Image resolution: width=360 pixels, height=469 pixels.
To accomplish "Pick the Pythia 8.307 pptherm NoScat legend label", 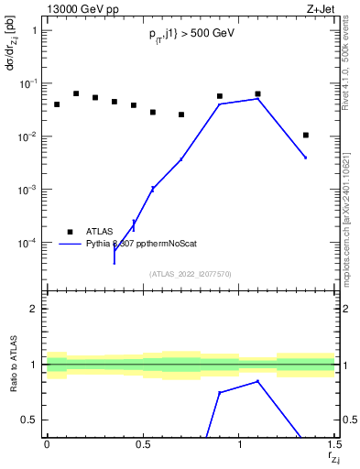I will point(141,245).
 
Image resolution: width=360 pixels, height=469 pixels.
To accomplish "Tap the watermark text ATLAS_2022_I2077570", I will point(191,273).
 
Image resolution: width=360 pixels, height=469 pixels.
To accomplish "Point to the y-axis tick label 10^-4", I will point(28,244).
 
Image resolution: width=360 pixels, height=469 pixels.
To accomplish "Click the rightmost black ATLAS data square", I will point(306,135).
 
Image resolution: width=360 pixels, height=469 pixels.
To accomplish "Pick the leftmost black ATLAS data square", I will point(57,104).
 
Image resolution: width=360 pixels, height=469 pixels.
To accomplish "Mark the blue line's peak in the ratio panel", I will point(258,381).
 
